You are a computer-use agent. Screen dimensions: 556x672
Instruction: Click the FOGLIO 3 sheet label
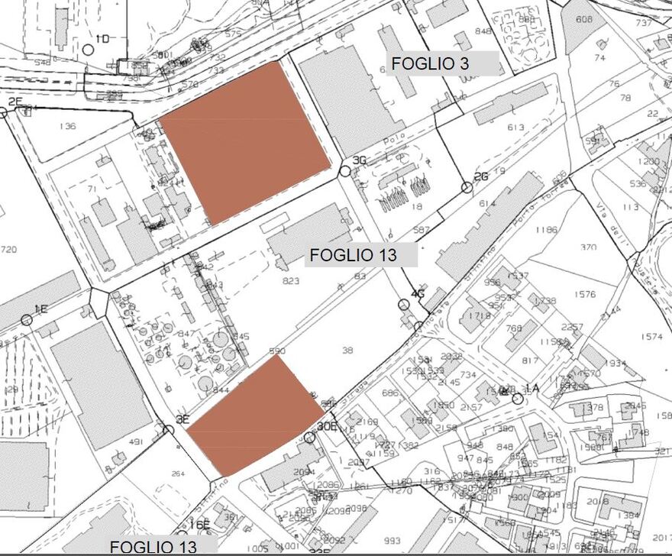click(430, 64)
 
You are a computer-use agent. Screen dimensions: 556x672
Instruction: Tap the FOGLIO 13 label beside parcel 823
click(354, 255)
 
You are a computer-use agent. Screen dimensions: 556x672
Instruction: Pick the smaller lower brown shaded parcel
click(253, 416)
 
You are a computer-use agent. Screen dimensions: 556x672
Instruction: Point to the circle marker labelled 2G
click(467, 187)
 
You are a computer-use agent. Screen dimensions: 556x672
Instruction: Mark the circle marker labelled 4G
click(404, 305)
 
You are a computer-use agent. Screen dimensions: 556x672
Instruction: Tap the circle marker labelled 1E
click(27, 319)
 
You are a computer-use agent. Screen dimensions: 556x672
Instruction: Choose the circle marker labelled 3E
click(168, 430)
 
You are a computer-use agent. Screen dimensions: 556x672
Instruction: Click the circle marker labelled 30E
click(309, 438)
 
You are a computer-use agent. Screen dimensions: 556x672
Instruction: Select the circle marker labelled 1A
click(518, 398)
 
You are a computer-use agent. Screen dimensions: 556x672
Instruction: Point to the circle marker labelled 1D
click(88, 50)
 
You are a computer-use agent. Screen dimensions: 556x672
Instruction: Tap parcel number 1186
click(546, 229)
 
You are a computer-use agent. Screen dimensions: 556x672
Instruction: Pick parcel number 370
click(587, 247)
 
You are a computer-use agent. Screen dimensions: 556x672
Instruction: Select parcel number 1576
click(585, 294)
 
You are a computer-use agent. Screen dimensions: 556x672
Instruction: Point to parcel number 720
click(8, 250)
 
